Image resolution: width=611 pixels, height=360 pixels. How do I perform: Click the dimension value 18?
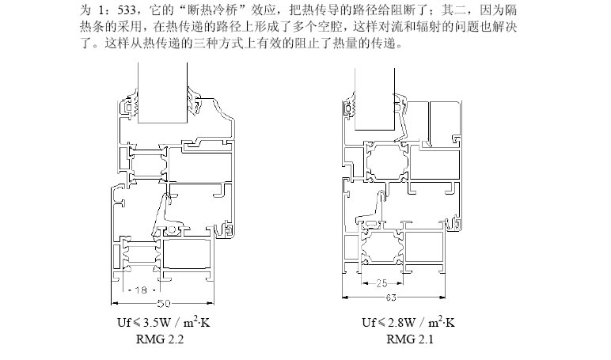coord(139,290)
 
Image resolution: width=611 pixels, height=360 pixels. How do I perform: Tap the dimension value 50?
coord(164,303)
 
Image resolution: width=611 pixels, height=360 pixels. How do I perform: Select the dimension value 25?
coord(382,282)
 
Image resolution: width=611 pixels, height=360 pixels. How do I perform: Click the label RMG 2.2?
coord(161,339)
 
